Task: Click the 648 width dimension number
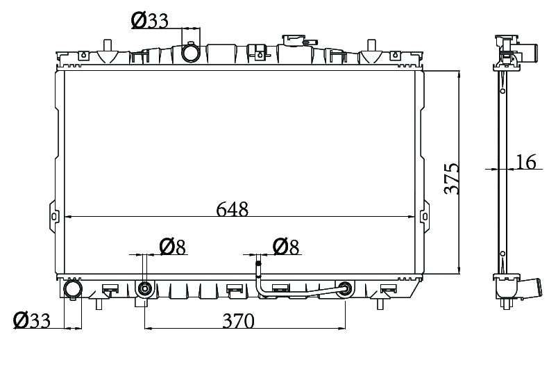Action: pyautogui.click(x=232, y=209)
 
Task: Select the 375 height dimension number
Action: pyautogui.click(x=452, y=179)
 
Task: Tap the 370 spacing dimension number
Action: pyautogui.click(x=238, y=320)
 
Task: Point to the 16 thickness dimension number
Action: pyautogui.click(x=526, y=162)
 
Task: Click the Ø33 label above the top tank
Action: pyautogui.click(x=149, y=21)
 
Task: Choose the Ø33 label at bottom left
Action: pyautogui.click(x=31, y=320)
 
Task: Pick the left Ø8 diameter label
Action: pyautogui.click(x=173, y=247)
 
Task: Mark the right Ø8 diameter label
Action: pyautogui.click(x=287, y=247)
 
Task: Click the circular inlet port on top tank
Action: pyautogui.click(x=190, y=53)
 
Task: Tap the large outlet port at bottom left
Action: pyautogui.click(x=72, y=289)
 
